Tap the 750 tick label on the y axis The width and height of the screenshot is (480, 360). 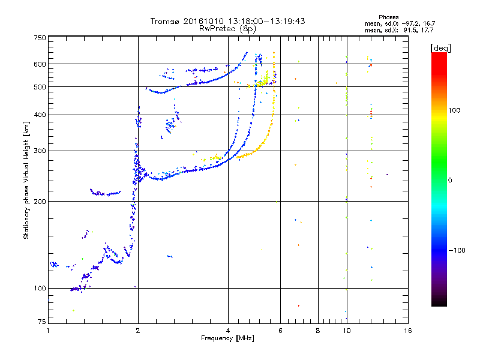(x=40, y=37)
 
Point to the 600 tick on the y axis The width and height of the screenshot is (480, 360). (x=40, y=64)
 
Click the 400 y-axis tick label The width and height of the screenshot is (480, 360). (x=40, y=115)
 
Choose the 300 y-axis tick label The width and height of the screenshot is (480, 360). (x=40, y=151)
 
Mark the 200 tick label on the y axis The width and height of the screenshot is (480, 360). (x=40, y=201)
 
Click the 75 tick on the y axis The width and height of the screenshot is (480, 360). (x=41, y=323)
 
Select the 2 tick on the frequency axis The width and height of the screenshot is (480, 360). (x=138, y=331)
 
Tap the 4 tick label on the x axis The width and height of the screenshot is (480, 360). (x=228, y=331)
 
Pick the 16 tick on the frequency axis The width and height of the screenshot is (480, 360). (x=408, y=331)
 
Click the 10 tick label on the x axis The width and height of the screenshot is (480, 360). (x=346, y=331)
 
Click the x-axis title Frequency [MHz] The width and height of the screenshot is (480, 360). (x=228, y=339)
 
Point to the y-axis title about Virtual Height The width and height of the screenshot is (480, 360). (x=26, y=180)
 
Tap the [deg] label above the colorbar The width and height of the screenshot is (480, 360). (x=440, y=47)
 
